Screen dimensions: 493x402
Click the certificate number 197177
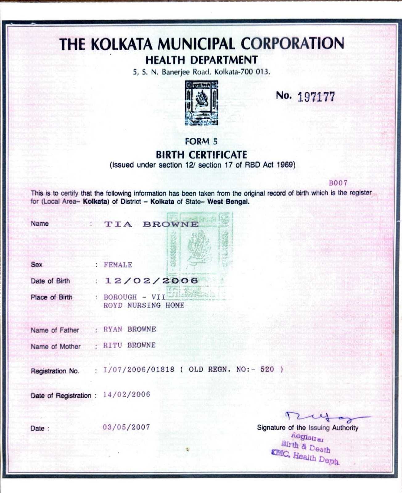pyautogui.click(x=316, y=97)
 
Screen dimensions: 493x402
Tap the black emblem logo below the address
pyautogui.click(x=201, y=103)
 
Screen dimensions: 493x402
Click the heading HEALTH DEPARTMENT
pyautogui.click(x=201, y=60)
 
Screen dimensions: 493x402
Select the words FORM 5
pyautogui.click(x=201, y=141)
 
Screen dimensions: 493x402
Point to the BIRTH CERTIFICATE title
pyautogui.click(x=201, y=154)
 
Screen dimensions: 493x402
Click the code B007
pyautogui.click(x=338, y=183)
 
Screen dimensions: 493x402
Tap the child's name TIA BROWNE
pyautogui.click(x=151, y=224)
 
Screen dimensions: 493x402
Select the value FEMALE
pyautogui.click(x=118, y=265)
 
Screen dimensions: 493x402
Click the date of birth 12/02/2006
pyautogui.click(x=151, y=281)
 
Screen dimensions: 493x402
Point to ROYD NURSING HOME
pyautogui.click(x=144, y=305)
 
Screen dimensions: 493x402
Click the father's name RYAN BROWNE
pyautogui.click(x=129, y=329)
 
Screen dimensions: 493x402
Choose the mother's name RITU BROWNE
pyautogui.click(x=129, y=345)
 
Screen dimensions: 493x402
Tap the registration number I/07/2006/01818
pyautogui.click(x=139, y=369)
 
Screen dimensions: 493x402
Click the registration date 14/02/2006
pyautogui.click(x=126, y=395)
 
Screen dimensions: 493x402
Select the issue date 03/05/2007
pyautogui.click(x=126, y=427)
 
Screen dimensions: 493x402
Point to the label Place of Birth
pyautogui.click(x=51, y=297)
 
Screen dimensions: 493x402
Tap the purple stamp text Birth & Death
pyautogui.click(x=306, y=446)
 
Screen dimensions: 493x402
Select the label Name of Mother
pyautogui.click(x=55, y=347)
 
